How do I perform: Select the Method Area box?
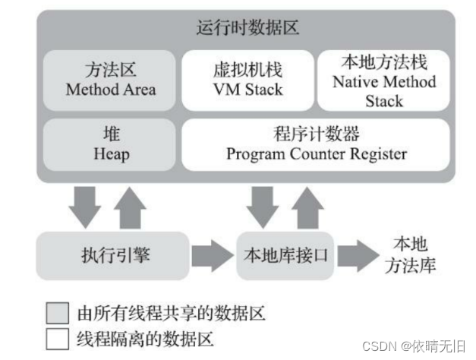click(110, 79)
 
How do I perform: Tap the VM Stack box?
click(247, 79)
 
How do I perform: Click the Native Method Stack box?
click(384, 79)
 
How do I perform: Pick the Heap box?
click(110, 144)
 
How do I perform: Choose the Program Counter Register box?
click(316, 144)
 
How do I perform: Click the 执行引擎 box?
click(114, 255)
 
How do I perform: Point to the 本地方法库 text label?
click(410, 255)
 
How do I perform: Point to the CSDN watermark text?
click(414, 346)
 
